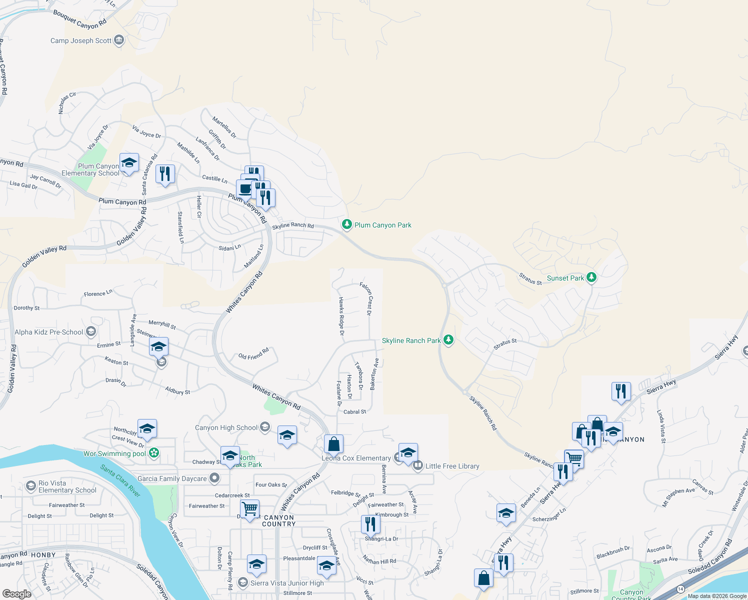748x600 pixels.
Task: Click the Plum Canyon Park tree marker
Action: [347, 224]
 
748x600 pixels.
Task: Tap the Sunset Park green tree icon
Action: [591, 277]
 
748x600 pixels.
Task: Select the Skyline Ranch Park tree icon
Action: [449, 340]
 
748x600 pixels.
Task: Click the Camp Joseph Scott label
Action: [81, 40]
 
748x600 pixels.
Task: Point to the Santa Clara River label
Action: [120, 480]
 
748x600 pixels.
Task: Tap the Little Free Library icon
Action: [417, 466]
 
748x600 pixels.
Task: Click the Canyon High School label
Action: [226, 427]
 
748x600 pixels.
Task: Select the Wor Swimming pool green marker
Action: [154, 453]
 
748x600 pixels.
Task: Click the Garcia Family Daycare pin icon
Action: [214, 478]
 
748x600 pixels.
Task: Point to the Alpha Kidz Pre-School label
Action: [49, 332]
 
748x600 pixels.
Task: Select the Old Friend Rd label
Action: [253, 353]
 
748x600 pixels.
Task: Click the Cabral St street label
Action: [355, 412]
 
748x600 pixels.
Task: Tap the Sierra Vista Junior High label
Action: [287, 583]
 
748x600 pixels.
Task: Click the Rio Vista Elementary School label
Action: [67, 486]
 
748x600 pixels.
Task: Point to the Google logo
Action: [17, 593]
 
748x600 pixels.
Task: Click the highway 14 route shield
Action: [680, 589]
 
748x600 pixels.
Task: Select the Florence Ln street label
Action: [98, 293]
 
